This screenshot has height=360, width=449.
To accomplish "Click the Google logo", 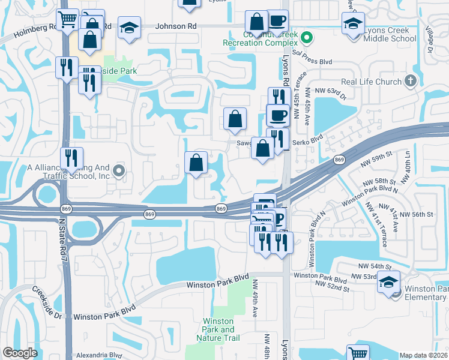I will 20,353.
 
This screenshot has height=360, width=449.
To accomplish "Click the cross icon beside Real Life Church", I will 411,80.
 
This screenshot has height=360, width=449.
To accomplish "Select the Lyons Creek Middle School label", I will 389,34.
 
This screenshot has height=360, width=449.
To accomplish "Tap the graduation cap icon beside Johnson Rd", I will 129,28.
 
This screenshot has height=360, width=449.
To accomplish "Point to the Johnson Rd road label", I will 176,26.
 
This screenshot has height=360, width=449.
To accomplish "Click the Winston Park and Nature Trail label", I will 218,329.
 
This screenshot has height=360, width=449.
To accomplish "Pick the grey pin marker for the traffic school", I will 119,172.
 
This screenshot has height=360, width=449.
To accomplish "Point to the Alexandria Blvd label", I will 99,355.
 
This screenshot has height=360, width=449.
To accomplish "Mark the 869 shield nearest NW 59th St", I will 340,160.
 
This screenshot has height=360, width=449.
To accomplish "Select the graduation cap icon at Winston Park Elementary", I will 388,282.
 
